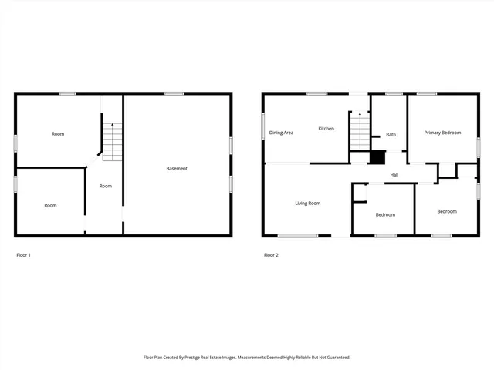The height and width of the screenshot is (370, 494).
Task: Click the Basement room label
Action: (177, 168)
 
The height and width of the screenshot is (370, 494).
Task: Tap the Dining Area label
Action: (281, 133)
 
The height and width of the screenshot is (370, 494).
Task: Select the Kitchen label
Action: (327, 129)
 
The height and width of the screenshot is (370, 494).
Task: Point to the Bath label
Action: (391, 135)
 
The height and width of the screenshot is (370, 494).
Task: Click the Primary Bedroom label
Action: (442, 133)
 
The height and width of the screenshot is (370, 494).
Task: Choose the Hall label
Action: (394, 175)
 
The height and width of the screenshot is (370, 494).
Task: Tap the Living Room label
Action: (307, 203)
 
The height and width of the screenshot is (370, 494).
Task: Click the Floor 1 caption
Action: (24, 254)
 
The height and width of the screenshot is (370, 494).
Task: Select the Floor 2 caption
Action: (271, 254)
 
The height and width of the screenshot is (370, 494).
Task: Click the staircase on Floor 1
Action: (113, 141)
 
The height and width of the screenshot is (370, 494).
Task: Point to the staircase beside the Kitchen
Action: (360, 131)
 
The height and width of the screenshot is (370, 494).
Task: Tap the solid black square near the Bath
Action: (377, 157)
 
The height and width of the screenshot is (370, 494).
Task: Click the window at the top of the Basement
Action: (174, 94)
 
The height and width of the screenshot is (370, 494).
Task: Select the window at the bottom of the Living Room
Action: (298, 236)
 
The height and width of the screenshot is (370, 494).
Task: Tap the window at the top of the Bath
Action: (394, 94)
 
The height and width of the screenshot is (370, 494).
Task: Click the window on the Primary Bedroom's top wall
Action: (427, 94)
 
